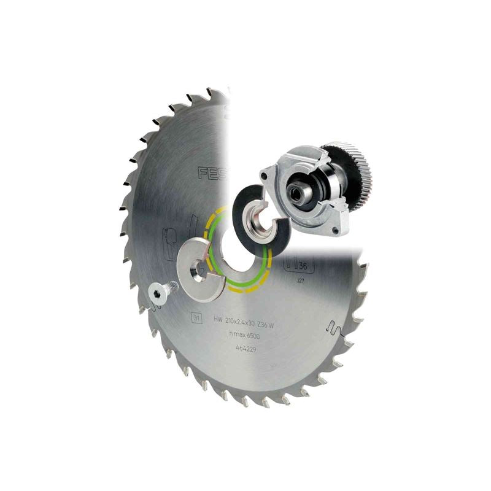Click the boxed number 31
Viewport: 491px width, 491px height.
pyautogui.click(x=196, y=318)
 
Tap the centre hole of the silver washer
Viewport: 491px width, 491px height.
pyautogui.click(x=197, y=268)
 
